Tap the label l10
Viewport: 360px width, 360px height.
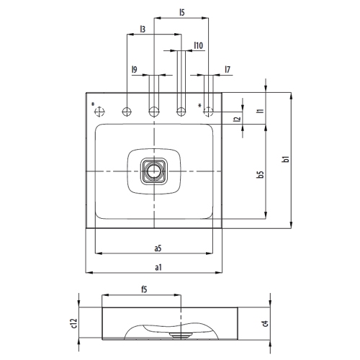(x=198, y=45)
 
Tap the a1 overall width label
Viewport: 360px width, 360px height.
(x=157, y=267)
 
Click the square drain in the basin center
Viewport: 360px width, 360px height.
(x=153, y=171)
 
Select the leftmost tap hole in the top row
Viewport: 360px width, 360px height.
(x=100, y=112)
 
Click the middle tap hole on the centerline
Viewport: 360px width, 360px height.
(x=153, y=112)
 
